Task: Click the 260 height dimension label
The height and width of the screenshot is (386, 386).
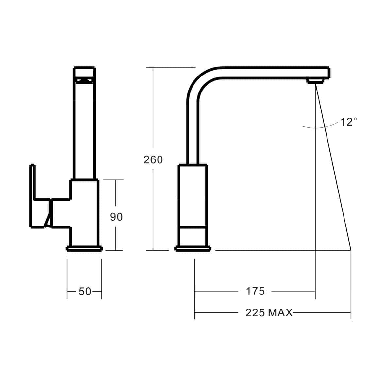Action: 153,160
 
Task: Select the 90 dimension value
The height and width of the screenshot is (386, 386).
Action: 116,217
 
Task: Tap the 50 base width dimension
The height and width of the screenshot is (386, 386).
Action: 85,291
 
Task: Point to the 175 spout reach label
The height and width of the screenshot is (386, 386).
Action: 255,291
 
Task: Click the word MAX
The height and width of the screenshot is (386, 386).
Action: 280,313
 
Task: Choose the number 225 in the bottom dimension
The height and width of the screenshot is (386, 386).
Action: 255,313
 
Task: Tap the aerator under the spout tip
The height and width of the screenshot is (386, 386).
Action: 315,80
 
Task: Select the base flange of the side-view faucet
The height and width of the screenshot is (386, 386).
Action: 192,249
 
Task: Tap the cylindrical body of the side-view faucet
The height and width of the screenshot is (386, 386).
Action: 192,196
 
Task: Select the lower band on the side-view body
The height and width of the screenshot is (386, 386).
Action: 192,236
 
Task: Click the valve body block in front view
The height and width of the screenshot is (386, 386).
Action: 84,212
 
